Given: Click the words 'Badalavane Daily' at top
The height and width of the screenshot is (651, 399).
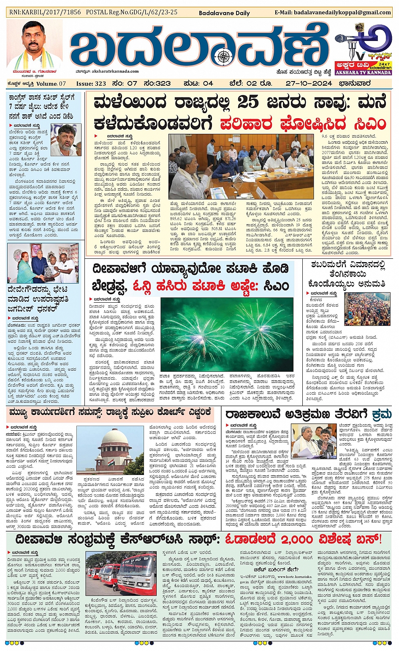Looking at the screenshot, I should tap(224, 13).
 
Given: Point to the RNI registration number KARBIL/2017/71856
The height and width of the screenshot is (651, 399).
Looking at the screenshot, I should tap(53, 12).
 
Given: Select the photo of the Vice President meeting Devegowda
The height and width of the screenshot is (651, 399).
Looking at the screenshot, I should tap(43, 263).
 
